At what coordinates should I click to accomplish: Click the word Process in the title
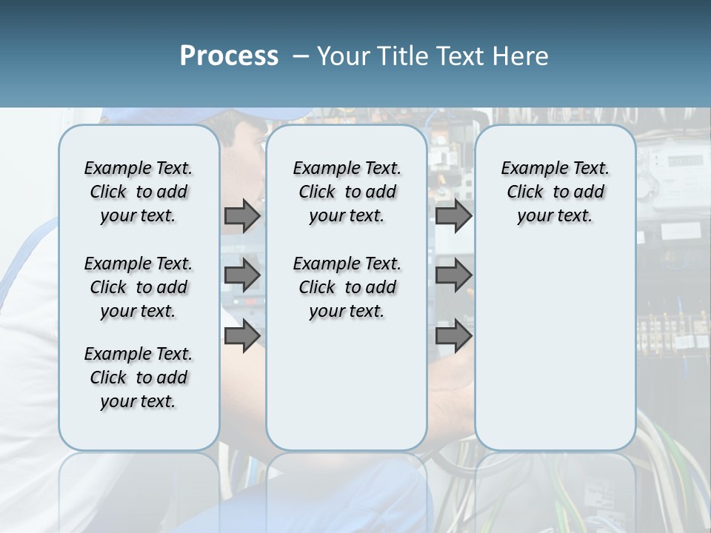(x=229, y=56)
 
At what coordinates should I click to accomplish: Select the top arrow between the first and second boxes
(x=242, y=215)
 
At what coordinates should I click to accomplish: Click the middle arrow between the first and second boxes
(x=242, y=275)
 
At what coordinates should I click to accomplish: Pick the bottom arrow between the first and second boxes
(x=242, y=336)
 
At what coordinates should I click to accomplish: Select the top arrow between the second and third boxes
(x=453, y=215)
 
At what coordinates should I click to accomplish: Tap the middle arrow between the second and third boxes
(x=453, y=275)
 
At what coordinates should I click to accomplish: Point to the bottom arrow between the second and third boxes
(x=453, y=336)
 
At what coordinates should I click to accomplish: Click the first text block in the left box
(x=138, y=192)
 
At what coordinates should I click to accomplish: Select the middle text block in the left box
(x=138, y=287)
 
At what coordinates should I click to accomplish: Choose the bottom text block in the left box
(x=138, y=378)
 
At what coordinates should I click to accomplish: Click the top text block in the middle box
(x=347, y=192)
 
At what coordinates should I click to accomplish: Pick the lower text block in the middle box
(x=347, y=287)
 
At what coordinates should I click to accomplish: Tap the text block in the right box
(x=555, y=192)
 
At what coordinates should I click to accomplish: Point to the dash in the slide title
(x=301, y=56)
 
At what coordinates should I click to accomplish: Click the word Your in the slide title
(x=343, y=56)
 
